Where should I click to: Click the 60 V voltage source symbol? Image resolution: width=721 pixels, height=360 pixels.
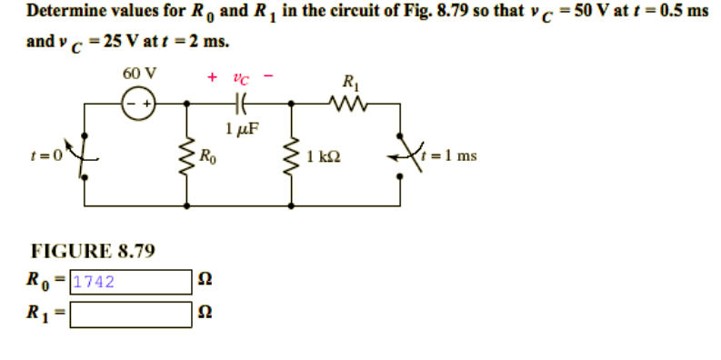pyautogui.click(x=141, y=103)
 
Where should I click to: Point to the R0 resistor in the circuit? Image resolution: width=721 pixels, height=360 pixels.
pyautogui.click(x=188, y=155)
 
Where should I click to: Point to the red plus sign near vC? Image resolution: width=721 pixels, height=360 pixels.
pyautogui.click(x=213, y=78)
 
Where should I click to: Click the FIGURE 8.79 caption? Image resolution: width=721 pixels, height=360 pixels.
pyautogui.click(x=93, y=249)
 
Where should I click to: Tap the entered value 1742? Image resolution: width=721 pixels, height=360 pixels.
pyautogui.click(x=93, y=282)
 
